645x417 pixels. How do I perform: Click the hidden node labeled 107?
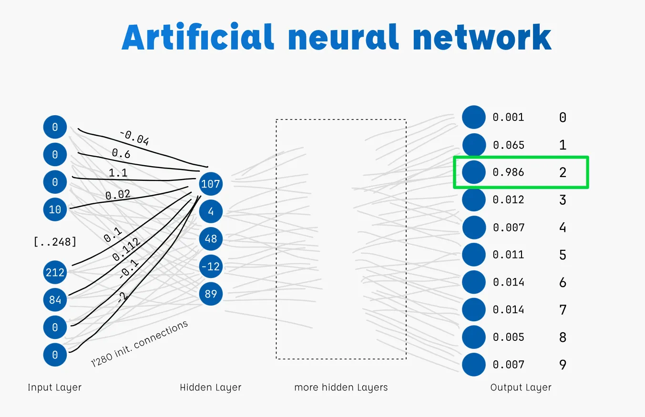point(211,184)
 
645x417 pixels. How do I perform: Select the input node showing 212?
point(55,272)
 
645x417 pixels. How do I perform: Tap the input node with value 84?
point(55,300)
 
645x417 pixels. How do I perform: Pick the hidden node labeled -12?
point(211,267)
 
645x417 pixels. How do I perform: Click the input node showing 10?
point(55,209)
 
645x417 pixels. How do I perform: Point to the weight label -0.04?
point(134,138)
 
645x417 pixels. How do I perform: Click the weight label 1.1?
point(118,173)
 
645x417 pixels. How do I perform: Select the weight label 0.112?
point(126,250)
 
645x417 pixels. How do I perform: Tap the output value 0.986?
point(508,172)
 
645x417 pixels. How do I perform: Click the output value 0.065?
point(508,145)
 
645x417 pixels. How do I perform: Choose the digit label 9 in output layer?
point(563,365)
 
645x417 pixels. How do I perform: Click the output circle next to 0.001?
point(473,117)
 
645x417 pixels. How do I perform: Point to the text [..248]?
point(55,242)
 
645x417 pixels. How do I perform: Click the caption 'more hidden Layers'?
point(341,387)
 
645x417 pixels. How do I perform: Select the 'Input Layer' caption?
point(55,387)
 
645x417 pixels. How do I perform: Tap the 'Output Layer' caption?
point(521,387)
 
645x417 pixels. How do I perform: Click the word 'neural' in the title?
point(343,37)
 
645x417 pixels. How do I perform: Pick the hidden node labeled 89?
point(211,294)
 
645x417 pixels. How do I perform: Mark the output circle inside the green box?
point(473,172)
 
